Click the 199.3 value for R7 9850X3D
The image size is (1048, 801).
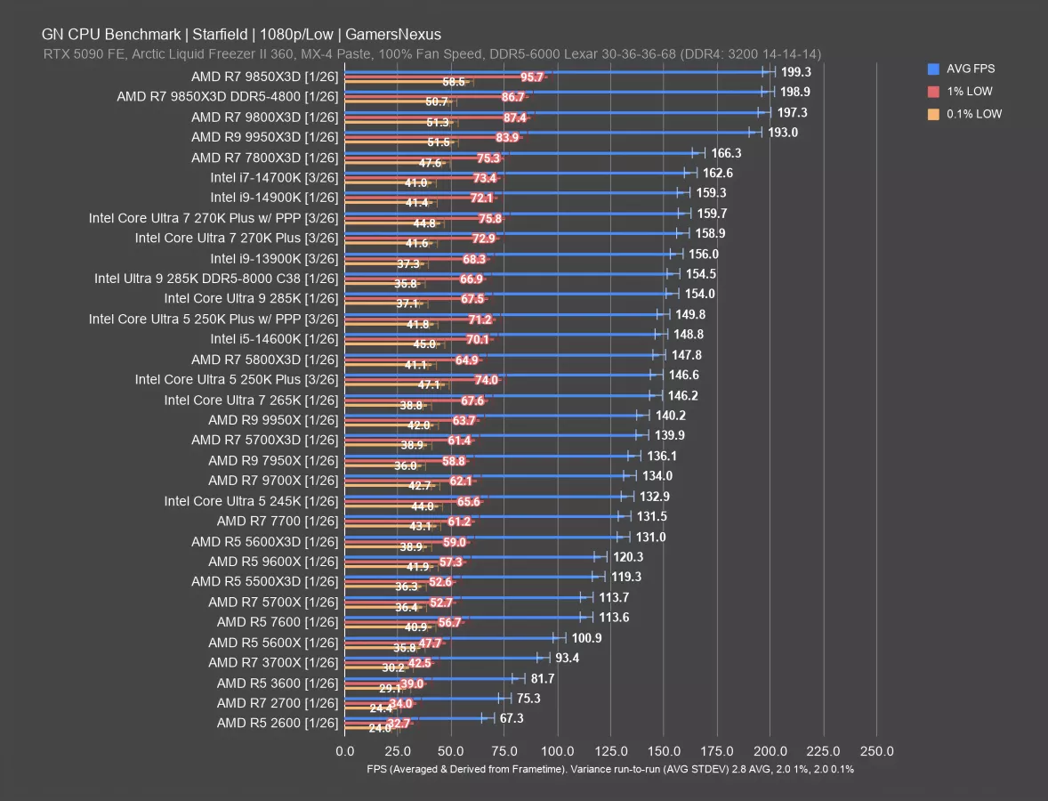click(796, 72)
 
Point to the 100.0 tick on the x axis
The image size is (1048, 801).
click(558, 750)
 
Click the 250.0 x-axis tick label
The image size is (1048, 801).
click(876, 750)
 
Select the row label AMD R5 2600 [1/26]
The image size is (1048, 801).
click(277, 724)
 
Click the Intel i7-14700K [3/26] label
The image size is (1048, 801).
click(274, 177)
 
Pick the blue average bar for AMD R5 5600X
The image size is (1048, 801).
click(449, 637)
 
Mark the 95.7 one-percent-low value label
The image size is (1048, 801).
click(532, 77)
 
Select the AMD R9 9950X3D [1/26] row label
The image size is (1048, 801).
click(264, 137)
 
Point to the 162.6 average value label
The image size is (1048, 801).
click(717, 174)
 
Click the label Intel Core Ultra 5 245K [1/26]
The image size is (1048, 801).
click(251, 501)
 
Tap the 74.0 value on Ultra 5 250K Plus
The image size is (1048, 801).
click(486, 380)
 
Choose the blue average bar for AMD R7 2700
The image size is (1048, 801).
click(423, 698)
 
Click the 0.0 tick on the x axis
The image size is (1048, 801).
click(344, 750)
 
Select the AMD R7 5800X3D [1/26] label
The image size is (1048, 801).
click(264, 360)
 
